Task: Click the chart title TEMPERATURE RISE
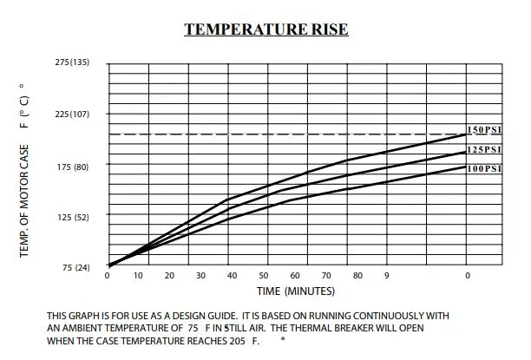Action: tap(266, 29)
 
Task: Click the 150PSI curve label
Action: tap(485, 130)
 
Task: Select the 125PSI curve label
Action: tap(485, 149)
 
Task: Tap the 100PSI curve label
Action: tap(485, 168)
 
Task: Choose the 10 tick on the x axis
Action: tap(139, 275)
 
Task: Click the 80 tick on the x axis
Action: tap(357, 275)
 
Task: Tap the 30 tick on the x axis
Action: tap(200, 275)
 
